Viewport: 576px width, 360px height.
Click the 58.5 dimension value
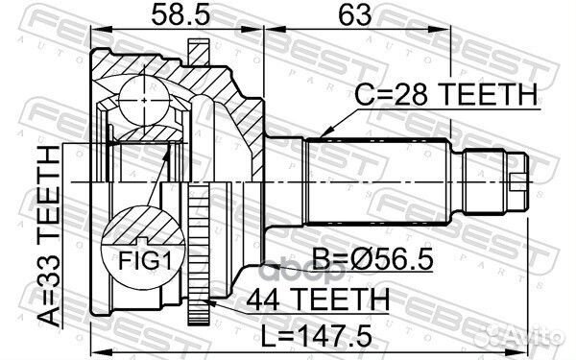180,15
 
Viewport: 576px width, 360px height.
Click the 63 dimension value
355,15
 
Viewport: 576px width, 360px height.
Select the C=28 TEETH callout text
445,94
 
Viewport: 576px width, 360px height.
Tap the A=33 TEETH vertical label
49,235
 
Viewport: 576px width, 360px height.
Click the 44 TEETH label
318,299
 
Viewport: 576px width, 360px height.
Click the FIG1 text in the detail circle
145,260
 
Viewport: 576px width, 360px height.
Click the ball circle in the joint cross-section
144,100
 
